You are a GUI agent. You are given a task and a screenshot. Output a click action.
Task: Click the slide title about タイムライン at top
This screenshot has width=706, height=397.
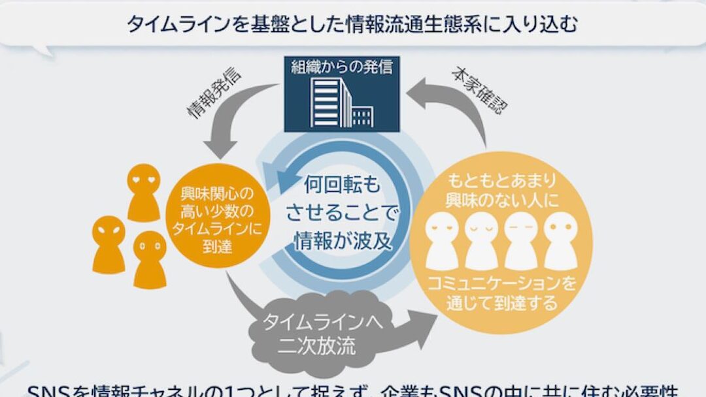[353, 24]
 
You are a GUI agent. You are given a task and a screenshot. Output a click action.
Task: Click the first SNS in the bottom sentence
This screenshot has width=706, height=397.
[46, 390]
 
